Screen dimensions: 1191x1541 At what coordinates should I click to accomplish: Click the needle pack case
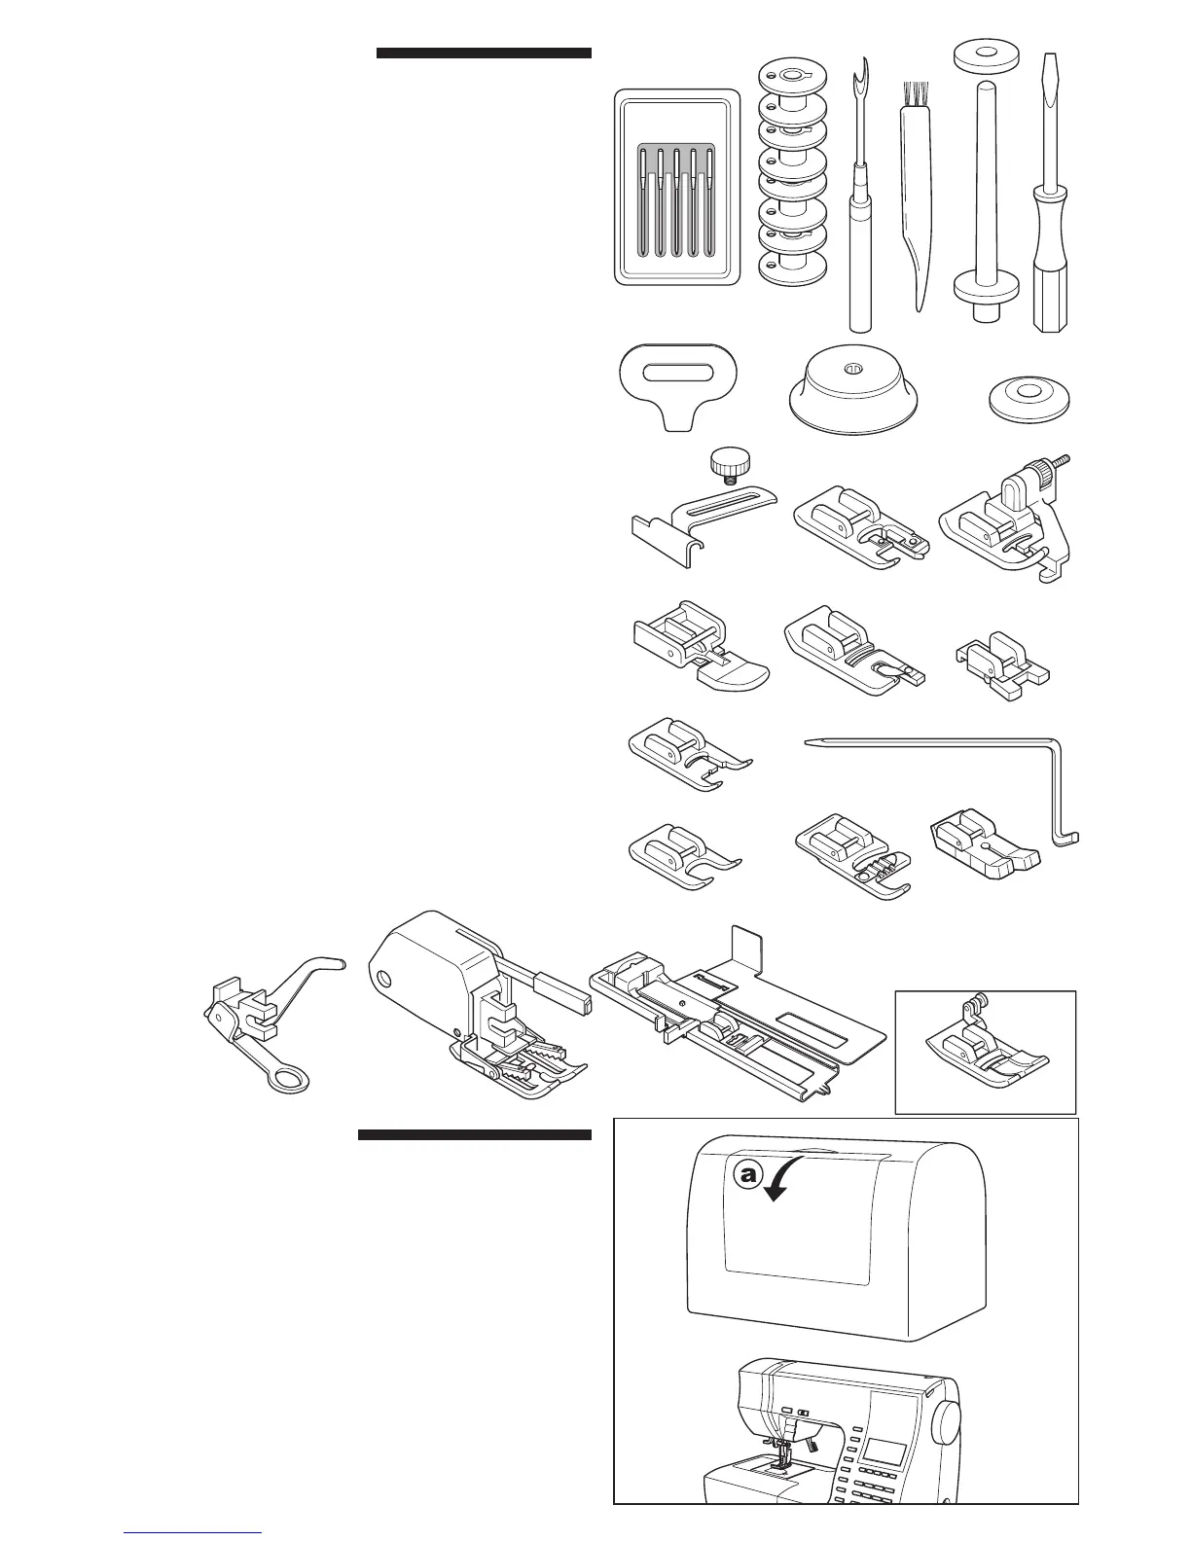(x=674, y=187)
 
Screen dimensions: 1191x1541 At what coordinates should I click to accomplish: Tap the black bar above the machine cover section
(x=474, y=1134)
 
